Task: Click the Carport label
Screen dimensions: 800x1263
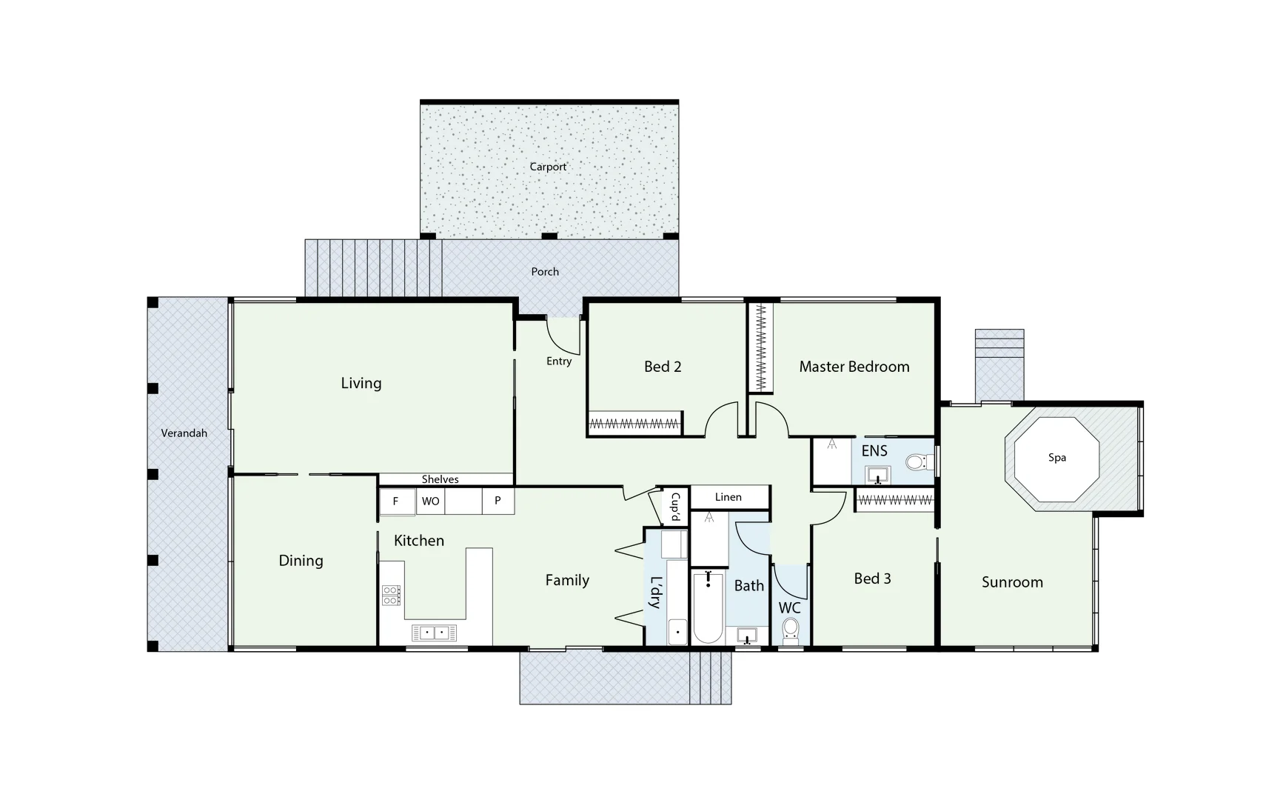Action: (548, 167)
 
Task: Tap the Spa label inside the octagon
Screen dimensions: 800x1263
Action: (1056, 458)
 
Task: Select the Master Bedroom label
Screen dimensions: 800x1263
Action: (854, 367)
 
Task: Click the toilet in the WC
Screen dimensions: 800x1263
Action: (791, 630)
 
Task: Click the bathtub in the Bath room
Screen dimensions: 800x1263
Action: (708, 607)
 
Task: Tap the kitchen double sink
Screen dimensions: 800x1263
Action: (434, 633)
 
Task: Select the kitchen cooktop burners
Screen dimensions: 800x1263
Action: (391, 595)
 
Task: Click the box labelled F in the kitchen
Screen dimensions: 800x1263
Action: (395, 501)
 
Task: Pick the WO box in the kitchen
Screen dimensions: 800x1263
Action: (430, 501)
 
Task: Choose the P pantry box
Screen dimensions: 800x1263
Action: (498, 501)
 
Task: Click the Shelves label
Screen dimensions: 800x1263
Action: (440, 479)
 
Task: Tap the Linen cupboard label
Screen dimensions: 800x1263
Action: (728, 497)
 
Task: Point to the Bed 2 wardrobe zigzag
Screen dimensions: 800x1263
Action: (634, 424)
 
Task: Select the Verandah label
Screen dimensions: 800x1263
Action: (184, 433)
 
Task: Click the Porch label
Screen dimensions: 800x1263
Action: (545, 272)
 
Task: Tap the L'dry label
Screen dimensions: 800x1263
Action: (655, 592)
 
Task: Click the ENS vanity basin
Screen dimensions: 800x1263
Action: (878, 474)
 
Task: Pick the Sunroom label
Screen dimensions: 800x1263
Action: (1012, 582)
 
